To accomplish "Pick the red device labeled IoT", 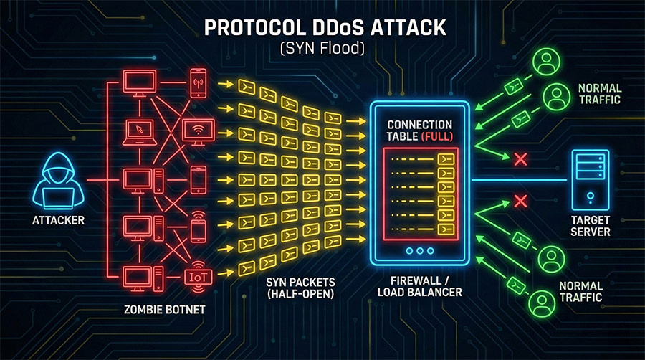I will [x=198, y=276].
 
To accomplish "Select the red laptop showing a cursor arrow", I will [x=141, y=131].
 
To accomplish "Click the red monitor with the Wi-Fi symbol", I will [x=199, y=130].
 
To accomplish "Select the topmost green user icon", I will [x=549, y=61].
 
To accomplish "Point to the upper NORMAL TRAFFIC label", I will [x=599, y=94].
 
